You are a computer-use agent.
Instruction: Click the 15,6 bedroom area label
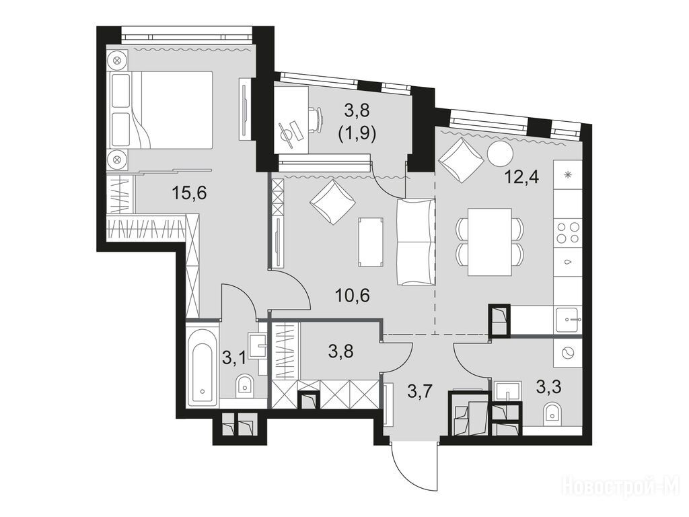coord(189,193)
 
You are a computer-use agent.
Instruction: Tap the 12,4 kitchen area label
coord(522,178)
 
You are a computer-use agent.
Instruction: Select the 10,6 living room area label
coord(352,296)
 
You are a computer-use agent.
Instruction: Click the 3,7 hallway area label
coord(421,390)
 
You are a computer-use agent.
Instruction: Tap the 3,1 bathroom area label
coord(234,359)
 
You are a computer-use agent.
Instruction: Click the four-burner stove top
coord(567,232)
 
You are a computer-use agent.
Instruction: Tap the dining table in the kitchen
coord(490,242)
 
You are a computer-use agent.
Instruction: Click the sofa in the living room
coord(416,242)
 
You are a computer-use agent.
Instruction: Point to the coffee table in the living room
coord(371,242)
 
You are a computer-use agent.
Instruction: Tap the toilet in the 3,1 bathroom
coord(245,385)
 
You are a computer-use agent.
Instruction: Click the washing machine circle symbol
coord(567,353)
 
